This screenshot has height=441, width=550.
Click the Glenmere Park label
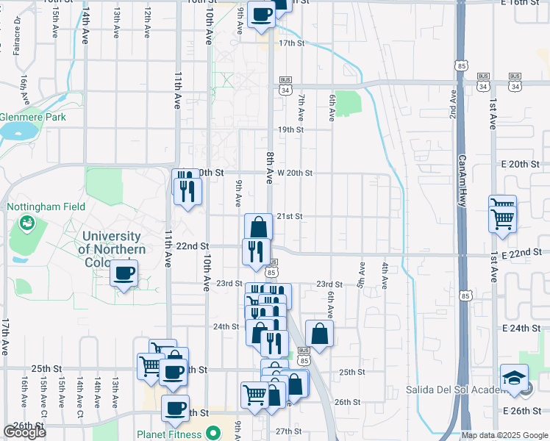coord(33,117)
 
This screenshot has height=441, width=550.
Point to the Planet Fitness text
coord(169,434)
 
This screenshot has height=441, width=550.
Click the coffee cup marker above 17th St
coord(261,13)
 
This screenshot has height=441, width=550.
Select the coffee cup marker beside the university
coord(124,273)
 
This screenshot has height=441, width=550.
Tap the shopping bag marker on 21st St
coord(258,226)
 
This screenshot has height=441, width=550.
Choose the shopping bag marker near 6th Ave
coord(319,334)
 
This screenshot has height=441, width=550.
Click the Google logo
coord(24,432)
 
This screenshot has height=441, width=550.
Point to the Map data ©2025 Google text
coord(504,436)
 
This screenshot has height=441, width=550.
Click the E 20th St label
coord(525,163)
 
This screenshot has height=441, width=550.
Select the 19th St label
coord(290,129)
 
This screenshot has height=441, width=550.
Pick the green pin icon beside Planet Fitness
coord(214,434)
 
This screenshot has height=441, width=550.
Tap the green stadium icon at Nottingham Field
coord(27,221)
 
